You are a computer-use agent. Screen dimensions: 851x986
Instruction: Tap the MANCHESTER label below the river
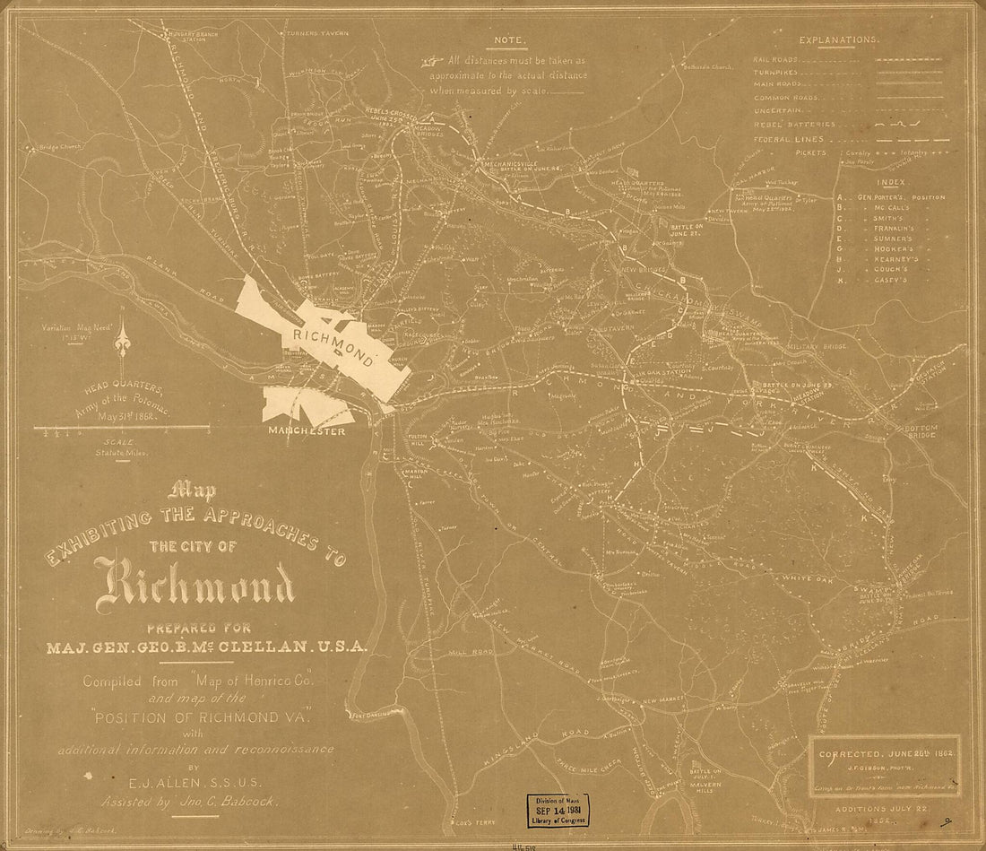point(306,431)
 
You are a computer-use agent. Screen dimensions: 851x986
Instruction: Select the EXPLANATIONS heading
point(838,40)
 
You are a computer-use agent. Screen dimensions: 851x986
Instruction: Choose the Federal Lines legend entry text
point(788,140)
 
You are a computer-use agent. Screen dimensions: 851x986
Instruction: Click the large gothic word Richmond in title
point(201,585)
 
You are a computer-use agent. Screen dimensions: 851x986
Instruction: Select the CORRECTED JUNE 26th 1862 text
point(887,754)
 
